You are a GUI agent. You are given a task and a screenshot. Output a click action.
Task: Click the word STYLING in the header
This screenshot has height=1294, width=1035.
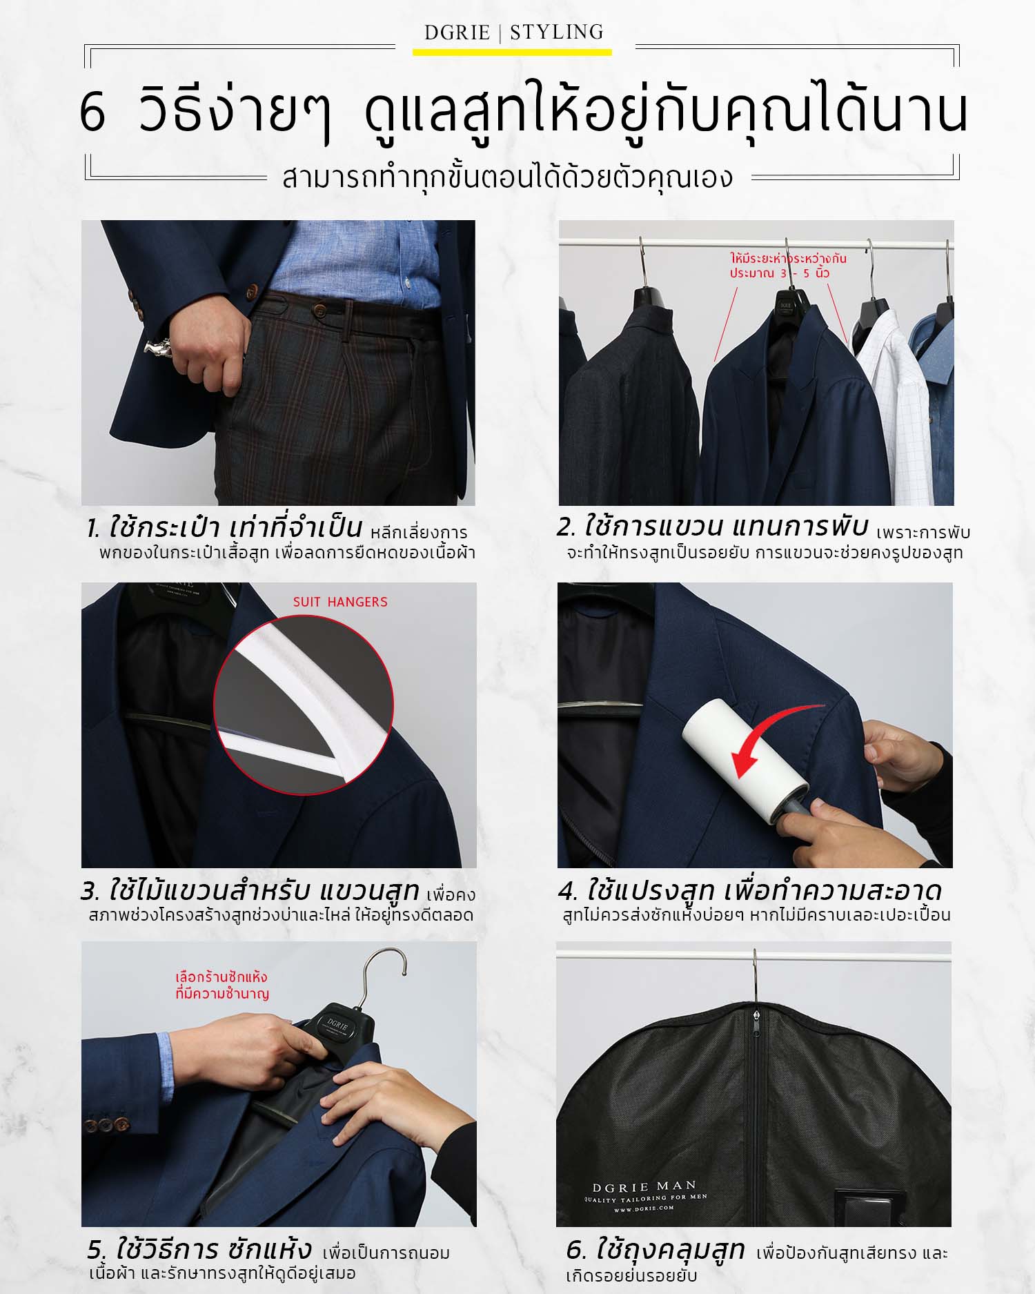point(556,32)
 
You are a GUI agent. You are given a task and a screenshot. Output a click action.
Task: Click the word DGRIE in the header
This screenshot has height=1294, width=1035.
point(457,32)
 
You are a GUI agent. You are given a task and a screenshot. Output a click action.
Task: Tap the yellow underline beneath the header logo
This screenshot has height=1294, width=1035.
point(512,52)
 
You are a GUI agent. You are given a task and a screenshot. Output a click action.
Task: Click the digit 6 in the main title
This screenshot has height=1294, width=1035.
point(92,113)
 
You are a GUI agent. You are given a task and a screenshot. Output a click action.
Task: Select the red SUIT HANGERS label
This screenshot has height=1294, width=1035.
point(340,602)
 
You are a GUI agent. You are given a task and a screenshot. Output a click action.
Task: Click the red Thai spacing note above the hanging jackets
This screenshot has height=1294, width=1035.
point(788,266)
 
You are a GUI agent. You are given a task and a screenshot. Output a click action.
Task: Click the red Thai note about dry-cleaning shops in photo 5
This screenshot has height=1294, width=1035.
point(221,986)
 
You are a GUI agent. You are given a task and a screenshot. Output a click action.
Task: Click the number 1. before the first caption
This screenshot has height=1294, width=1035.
point(94,529)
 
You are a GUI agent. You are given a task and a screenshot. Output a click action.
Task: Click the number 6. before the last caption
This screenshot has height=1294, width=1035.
point(577,1250)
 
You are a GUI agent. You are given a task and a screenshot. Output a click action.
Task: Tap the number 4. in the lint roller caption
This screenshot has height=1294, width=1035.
point(569,892)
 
